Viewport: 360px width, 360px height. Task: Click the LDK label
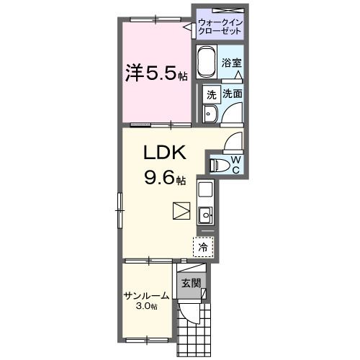point(168,153)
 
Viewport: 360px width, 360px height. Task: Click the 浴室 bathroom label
point(230,62)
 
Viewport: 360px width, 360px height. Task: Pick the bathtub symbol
point(207,63)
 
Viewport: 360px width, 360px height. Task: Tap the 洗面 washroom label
point(232,94)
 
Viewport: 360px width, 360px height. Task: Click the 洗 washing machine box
point(211,94)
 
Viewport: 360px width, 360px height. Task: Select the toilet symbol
point(220,165)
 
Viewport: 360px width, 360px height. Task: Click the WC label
point(235,164)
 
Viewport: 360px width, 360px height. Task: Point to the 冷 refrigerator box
point(203,246)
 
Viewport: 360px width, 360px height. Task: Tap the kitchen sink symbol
point(204,215)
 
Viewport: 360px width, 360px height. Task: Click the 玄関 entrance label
point(190,282)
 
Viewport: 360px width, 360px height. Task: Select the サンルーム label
point(147,295)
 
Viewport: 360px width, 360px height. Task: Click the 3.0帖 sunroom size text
point(147,307)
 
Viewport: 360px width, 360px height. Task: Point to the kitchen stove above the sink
point(204,191)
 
